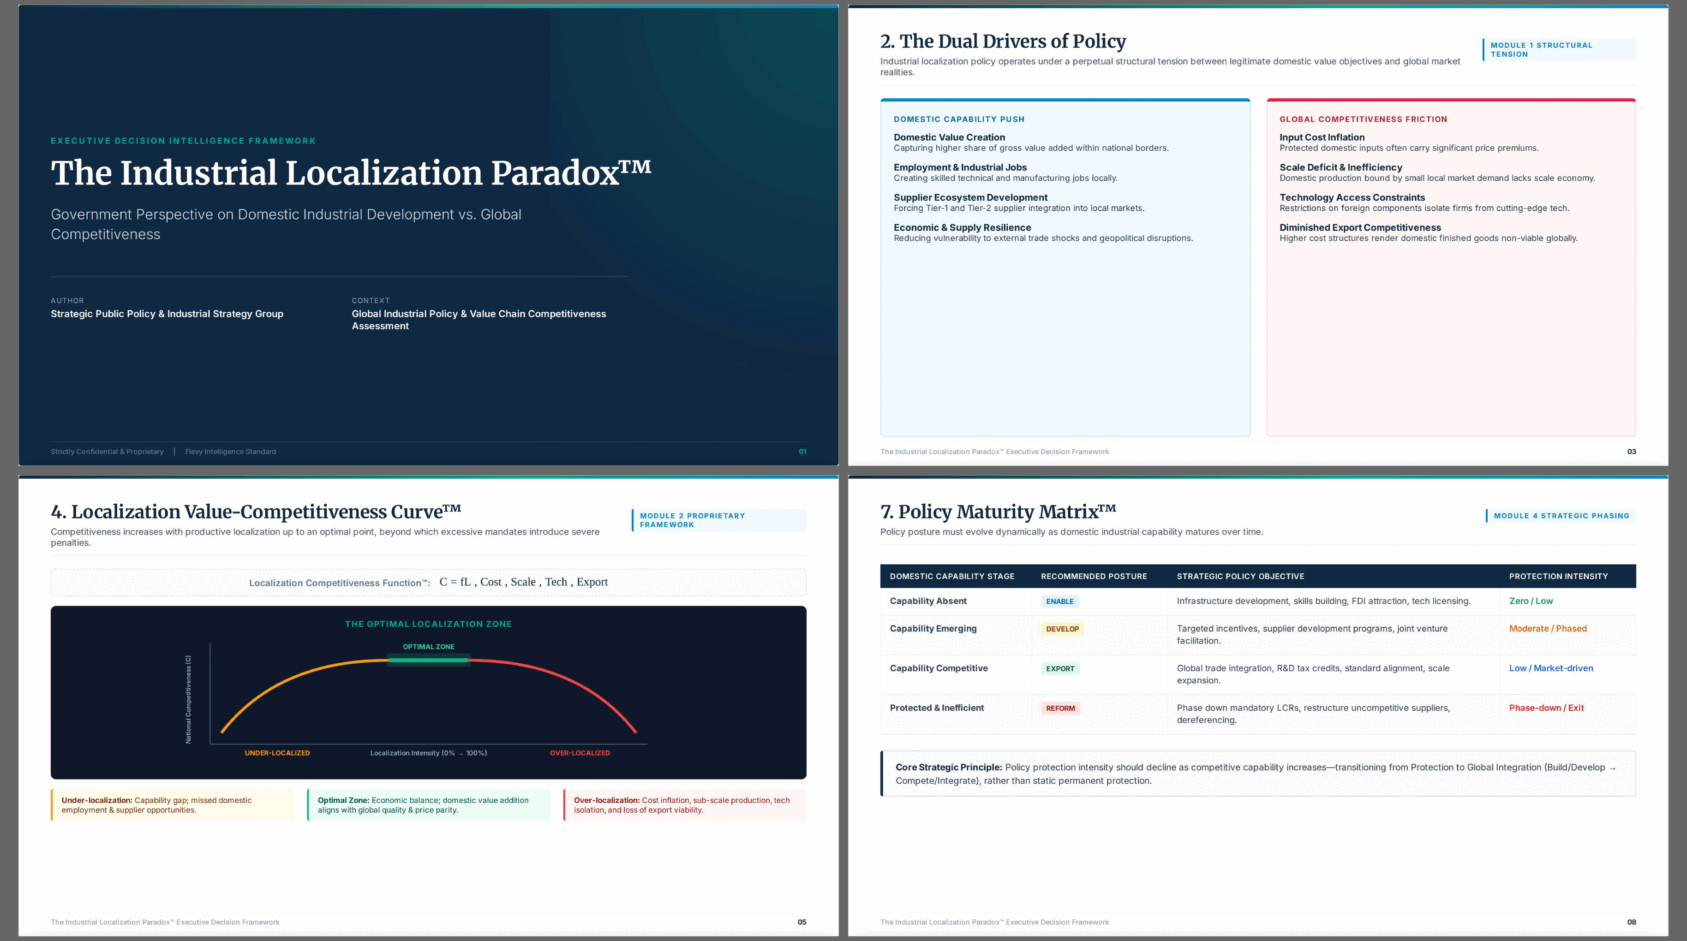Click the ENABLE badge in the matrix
[x=1059, y=601]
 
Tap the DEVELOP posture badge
[x=1062, y=629]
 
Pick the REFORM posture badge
[x=1060, y=708]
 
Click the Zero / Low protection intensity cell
[x=1531, y=601]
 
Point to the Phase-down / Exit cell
[x=1546, y=708]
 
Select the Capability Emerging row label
[x=933, y=629]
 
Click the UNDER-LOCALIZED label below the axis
[x=277, y=753]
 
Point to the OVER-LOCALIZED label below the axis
[x=580, y=753]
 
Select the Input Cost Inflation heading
[x=1322, y=137]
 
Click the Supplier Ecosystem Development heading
[x=970, y=198]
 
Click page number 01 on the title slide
[x=802, y=452]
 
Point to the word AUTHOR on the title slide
[x=67, y=301]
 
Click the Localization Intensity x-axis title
[x=428, y=753]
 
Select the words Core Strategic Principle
[x=948, y=768]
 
